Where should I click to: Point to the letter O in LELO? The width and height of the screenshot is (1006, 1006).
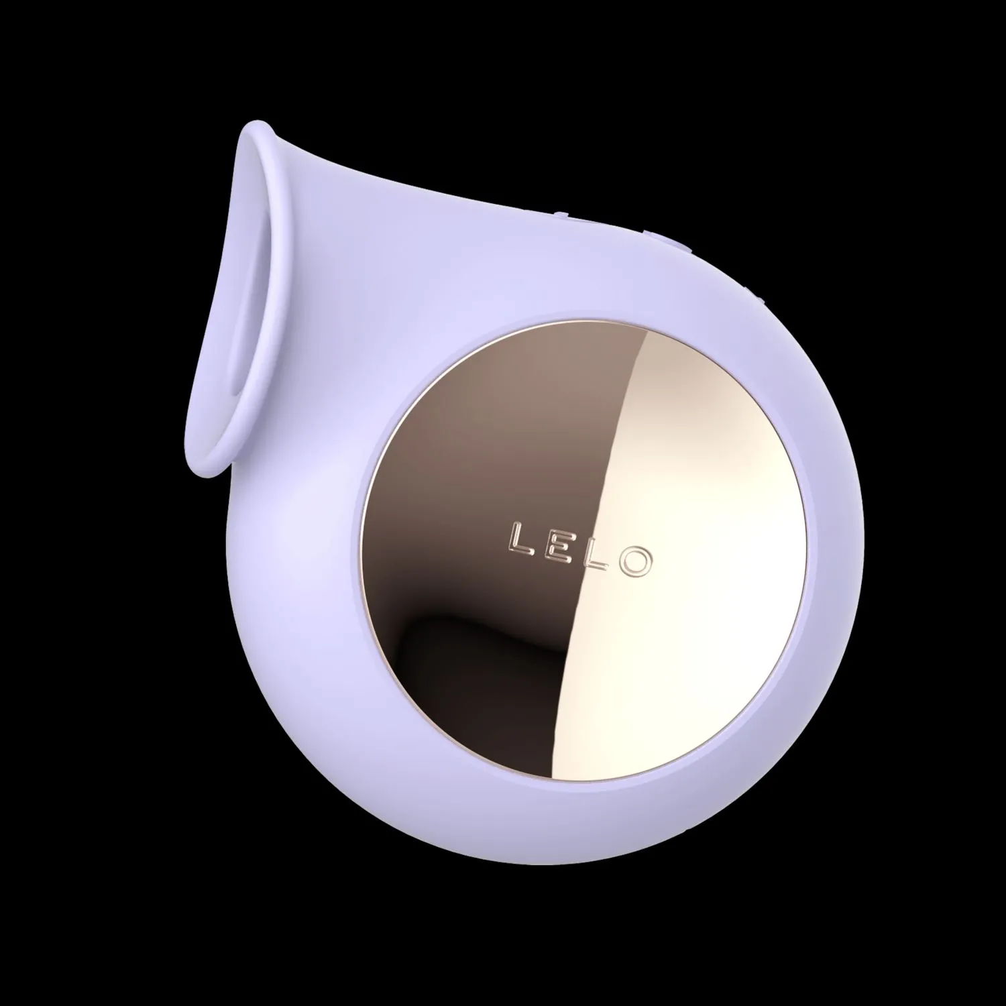[633, 562]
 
